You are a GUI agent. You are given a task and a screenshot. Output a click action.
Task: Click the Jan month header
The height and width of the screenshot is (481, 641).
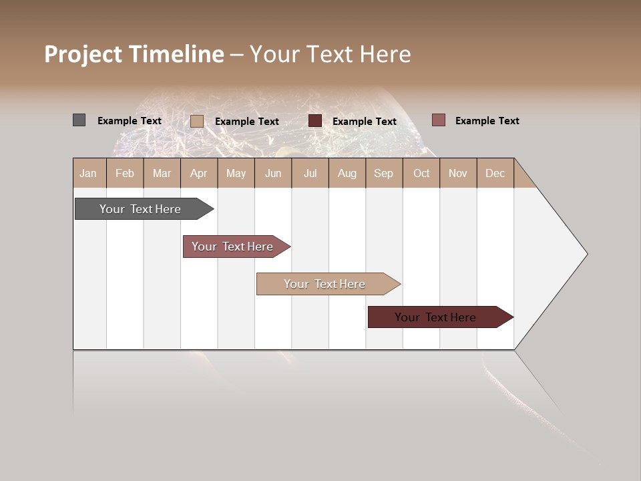(x=88, y=173)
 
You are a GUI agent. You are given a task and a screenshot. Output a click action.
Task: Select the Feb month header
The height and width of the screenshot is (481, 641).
(x=125, y=173)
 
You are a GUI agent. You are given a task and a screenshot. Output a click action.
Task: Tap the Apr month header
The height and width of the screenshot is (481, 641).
(x=198, y=173)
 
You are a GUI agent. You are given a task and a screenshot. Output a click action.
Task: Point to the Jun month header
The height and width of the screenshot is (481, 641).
(x=273, y=173)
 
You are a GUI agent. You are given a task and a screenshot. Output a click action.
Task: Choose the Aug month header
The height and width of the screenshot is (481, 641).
(x=347, y=173)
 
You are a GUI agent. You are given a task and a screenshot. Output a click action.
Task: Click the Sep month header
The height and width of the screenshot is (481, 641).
(x=383, y=173)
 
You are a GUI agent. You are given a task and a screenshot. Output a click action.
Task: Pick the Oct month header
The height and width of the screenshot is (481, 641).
(x=421, y=173)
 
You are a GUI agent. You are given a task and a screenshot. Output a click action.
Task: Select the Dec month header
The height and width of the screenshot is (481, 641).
(x=495, y=173)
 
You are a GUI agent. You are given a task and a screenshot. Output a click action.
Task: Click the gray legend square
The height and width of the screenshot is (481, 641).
(x=79, y=120)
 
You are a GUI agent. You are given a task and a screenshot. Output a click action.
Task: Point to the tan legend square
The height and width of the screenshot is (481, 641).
(x=196, y=121)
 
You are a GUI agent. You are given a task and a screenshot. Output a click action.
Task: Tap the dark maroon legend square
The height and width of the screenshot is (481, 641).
(x=315, y=121)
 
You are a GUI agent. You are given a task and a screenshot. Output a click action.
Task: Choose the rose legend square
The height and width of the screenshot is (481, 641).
(x=438, y=120)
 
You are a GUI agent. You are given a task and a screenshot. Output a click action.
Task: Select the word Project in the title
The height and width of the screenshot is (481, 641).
(x=83, y=54)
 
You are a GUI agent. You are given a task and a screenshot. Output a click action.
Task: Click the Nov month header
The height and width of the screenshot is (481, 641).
(x=457, y=173)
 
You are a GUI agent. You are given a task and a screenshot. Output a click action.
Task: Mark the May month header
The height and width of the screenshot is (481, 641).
(x=236, y=173)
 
